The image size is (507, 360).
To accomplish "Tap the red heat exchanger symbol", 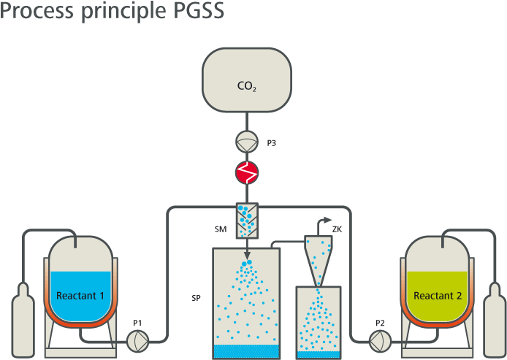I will tap(246, 173).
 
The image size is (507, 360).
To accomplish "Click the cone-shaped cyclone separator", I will tap(319, 259).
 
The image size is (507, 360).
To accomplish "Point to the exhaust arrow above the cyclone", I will tap(322, 218).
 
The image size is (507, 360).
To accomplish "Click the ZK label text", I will tap(338, 229).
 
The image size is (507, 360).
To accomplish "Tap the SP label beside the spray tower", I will tap(196, 299).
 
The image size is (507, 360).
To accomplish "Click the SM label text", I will tap(219, 229).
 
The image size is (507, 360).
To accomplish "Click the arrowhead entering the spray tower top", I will tap(247, 244).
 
